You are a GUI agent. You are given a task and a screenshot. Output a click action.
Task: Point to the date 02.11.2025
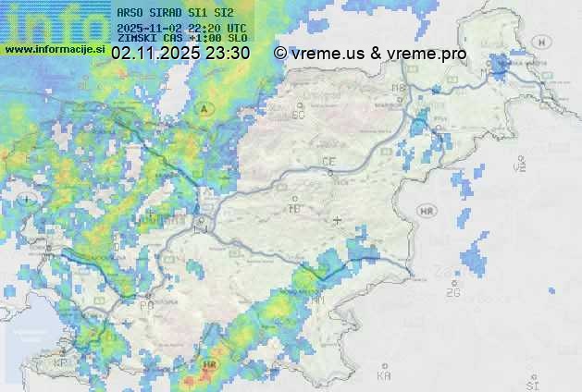click(x=155, y=54)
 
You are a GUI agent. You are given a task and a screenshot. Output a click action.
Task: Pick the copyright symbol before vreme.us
click(x=280, y=54)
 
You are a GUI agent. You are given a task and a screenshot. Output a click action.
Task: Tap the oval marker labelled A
click(x=204, y=109)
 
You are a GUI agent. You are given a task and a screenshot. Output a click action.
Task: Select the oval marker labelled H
click(x=542, y=42)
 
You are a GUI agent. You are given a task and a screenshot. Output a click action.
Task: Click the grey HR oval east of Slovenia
click(x=427, y=212)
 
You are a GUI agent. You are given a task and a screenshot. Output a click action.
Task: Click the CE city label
click(x=328, y=162)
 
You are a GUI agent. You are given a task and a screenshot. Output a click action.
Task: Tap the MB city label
click(x=400, y=89)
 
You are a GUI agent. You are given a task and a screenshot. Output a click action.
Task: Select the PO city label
click(x=146, y=305)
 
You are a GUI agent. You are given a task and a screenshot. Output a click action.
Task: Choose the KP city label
click(x=61, y=363)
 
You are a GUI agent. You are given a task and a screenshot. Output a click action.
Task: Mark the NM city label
click(x=318, y=300)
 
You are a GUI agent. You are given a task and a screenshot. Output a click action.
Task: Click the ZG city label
click(x=452, y=293)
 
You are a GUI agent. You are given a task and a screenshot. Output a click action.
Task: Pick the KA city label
click(x=384, y=375)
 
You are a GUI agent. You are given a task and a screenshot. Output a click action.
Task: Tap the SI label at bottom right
click(x=531, y=381)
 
